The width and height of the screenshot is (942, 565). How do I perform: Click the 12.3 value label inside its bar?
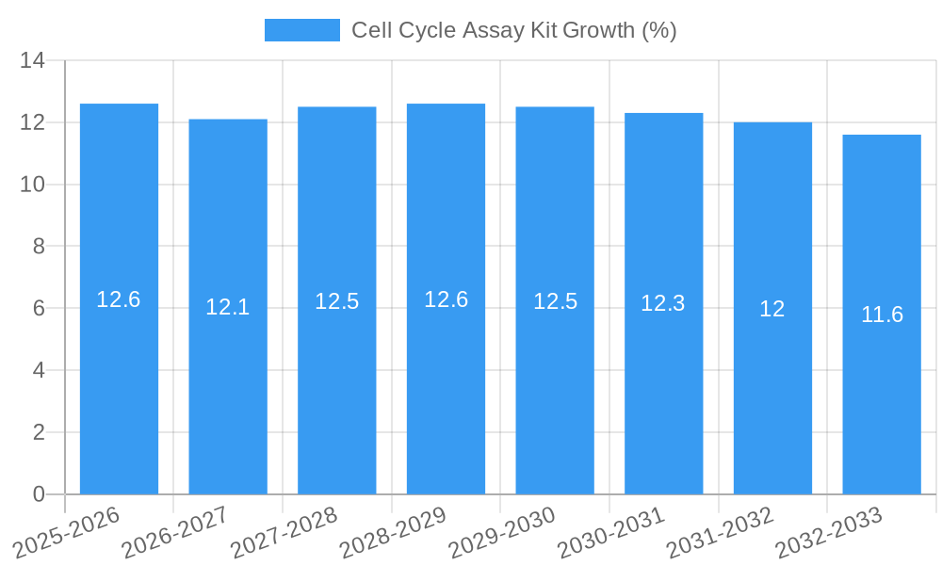663,303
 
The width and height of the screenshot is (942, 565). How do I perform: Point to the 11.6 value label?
882,315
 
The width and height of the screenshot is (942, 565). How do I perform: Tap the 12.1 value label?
228,307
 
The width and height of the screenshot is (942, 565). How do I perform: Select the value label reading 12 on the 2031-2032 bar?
772,309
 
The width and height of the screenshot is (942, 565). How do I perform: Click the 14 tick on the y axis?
33,61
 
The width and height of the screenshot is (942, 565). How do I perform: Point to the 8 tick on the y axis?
39,247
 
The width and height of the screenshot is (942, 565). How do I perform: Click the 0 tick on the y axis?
39,494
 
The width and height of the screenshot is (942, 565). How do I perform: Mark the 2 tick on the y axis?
39,432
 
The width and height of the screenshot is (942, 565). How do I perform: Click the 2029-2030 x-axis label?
502,533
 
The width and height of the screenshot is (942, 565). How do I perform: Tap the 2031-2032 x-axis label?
721,533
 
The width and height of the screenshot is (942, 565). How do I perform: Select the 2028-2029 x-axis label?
393,533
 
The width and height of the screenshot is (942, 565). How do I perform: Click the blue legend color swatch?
301,30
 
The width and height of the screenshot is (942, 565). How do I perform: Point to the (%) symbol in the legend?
658,30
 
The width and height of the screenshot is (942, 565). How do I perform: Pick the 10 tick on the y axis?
33,185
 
